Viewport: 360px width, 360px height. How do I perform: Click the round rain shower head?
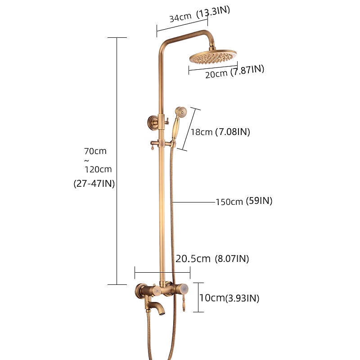coord(213,57)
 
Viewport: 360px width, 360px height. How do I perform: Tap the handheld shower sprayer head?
coord(181,112)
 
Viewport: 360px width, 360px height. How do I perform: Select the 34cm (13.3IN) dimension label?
coord(199,14)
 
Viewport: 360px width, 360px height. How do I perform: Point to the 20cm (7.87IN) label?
coord(234,72)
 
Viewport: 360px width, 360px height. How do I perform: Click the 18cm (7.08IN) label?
coord(220,132)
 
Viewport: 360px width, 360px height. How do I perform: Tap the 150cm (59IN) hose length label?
coord(244,201)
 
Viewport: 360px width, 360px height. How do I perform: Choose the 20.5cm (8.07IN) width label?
coord(212,258)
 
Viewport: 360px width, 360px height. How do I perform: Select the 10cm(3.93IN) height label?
coord(229,298)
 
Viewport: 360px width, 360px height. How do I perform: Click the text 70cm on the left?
coord(95,151)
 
